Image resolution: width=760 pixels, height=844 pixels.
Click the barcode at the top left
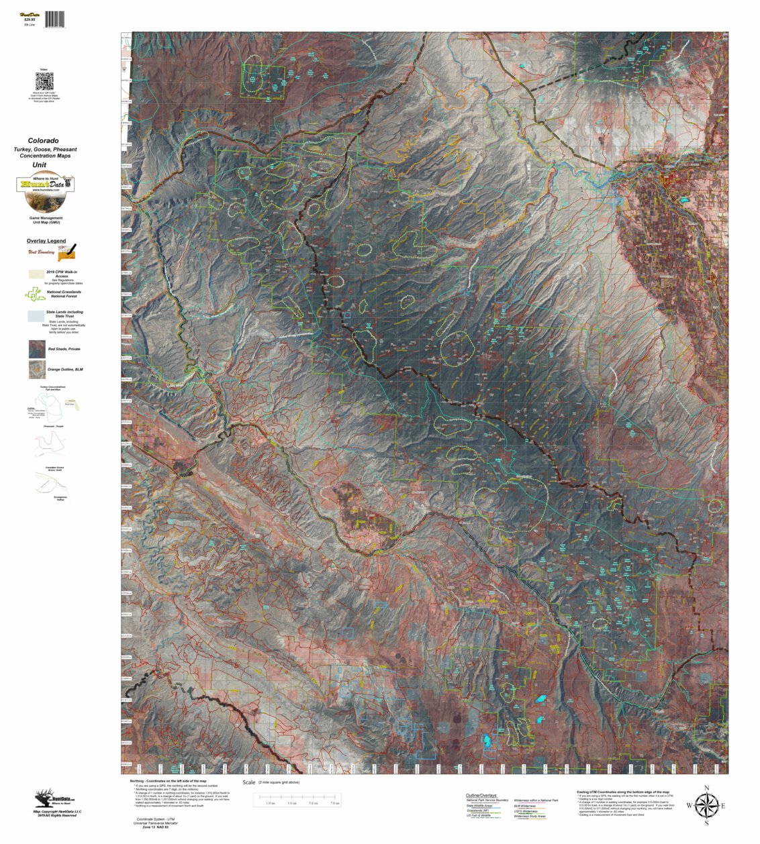[x=55, y=19]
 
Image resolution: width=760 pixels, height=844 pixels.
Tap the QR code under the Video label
[x=44, y=82]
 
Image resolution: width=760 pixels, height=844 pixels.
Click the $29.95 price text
[x=29, y=19]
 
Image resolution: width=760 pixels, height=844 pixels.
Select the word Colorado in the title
[x=43, y=141]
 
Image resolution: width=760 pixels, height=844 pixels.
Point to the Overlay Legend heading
[x=46, y=241]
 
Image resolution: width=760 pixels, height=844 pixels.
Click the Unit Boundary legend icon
[x=67, y=252]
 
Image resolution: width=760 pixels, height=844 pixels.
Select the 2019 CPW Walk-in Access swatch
[x=36, y=274]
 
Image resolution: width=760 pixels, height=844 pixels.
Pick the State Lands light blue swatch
[x=36, y=315]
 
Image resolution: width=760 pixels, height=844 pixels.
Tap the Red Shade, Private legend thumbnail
[x=37, y=349]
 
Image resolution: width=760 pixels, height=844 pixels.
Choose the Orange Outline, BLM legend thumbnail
[x=37, y=370]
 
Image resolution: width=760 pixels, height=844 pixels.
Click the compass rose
[x=706, y=805]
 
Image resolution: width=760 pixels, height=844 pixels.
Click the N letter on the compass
[x=706, y=788]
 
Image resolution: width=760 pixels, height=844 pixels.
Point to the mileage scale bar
[x=299, y=799]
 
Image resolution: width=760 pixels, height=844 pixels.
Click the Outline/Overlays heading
[x=481, y=795]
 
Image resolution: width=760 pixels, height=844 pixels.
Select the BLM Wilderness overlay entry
[x=525, y=806]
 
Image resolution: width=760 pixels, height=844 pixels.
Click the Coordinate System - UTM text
[x=155, y=819]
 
